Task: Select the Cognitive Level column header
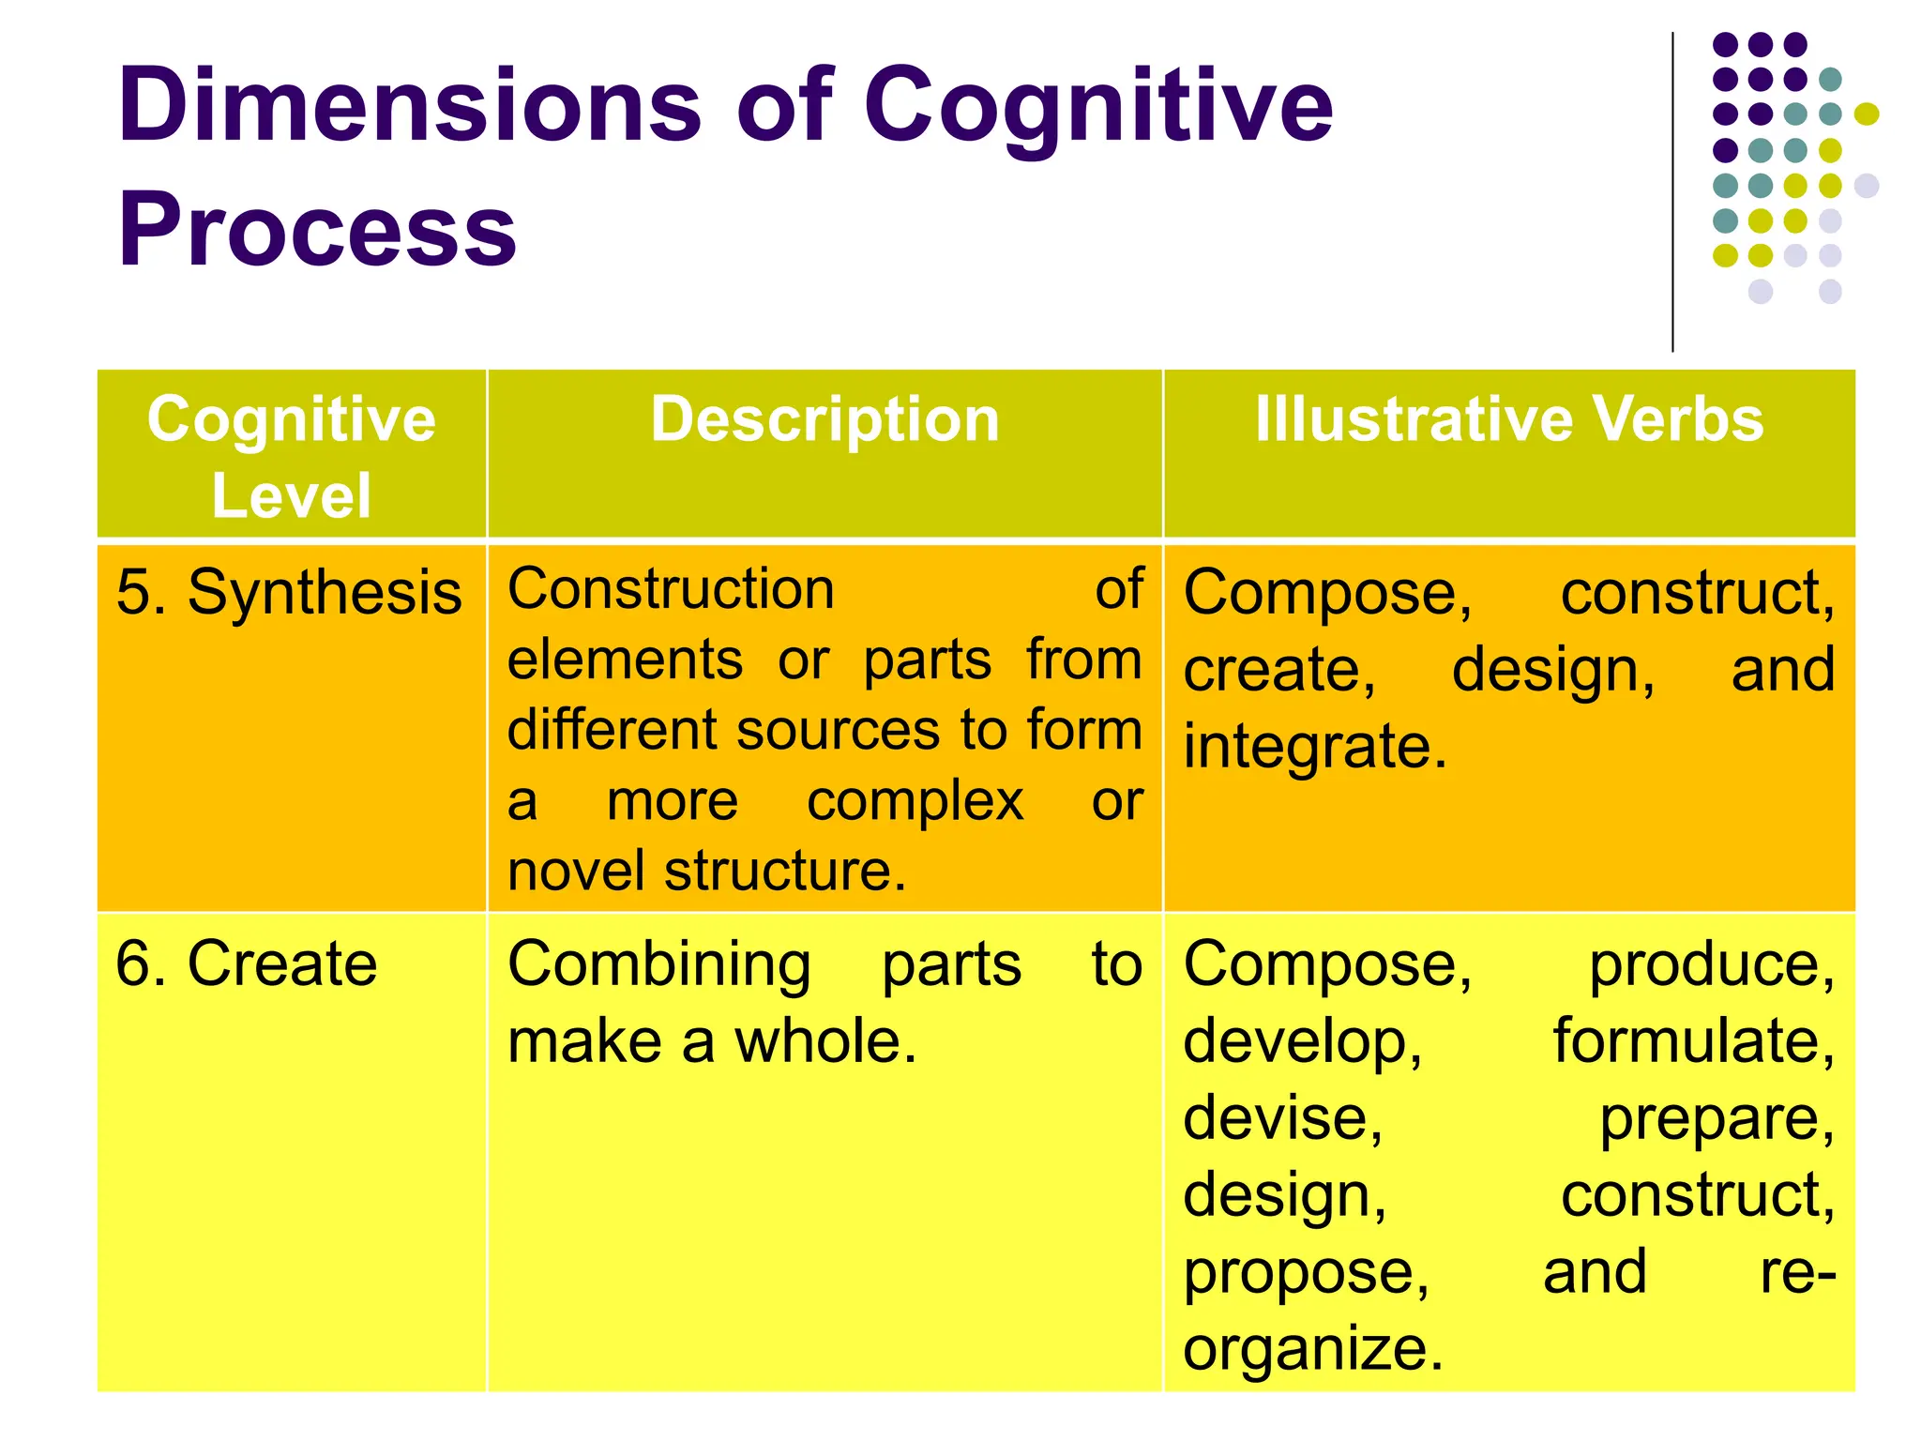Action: (x=292, y=456)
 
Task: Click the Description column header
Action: (x=824, y=419)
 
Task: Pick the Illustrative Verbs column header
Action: (x=1508, y=419)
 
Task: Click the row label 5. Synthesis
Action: (x=289, y=594)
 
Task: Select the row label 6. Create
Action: (x=246, y=964)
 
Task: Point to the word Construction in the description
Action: (x=671, y=590)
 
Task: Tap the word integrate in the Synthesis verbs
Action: (x=1313, y=748)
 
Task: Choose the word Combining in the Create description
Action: (x=659, y=965)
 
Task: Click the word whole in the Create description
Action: (x=823, y=1042)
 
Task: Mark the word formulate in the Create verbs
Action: (x=1692, y=1042)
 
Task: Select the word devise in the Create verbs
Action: (x=1281, y=1119)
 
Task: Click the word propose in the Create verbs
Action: (x=1304, y=1274)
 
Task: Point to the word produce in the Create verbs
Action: (x=1710, y=965)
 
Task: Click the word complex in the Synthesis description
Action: (x=915, y=802)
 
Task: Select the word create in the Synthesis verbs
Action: (x=1278, y=671)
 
